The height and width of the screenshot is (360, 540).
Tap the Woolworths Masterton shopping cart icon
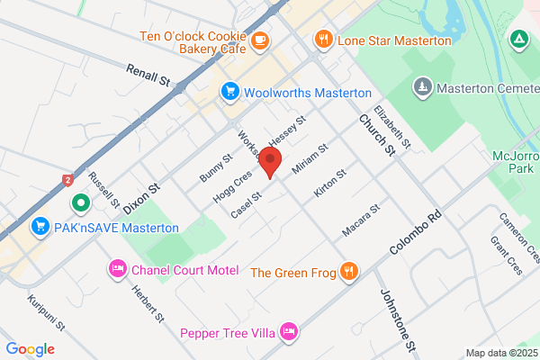(230, 92)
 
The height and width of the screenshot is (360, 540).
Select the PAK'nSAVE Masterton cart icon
(40, 227)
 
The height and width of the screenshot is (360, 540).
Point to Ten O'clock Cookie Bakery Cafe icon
(260, 40)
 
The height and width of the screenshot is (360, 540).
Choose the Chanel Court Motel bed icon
(117, 269)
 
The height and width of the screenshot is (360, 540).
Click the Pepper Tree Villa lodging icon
(288, 331)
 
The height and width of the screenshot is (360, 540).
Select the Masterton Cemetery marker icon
(422, 87)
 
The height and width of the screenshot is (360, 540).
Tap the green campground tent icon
(518, 40)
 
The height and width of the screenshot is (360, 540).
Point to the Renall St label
(148, 74)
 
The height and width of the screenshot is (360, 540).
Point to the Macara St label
(362, 221)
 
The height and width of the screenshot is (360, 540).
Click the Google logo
(31, 349)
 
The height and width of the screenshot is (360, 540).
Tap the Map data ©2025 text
(499, 353)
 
